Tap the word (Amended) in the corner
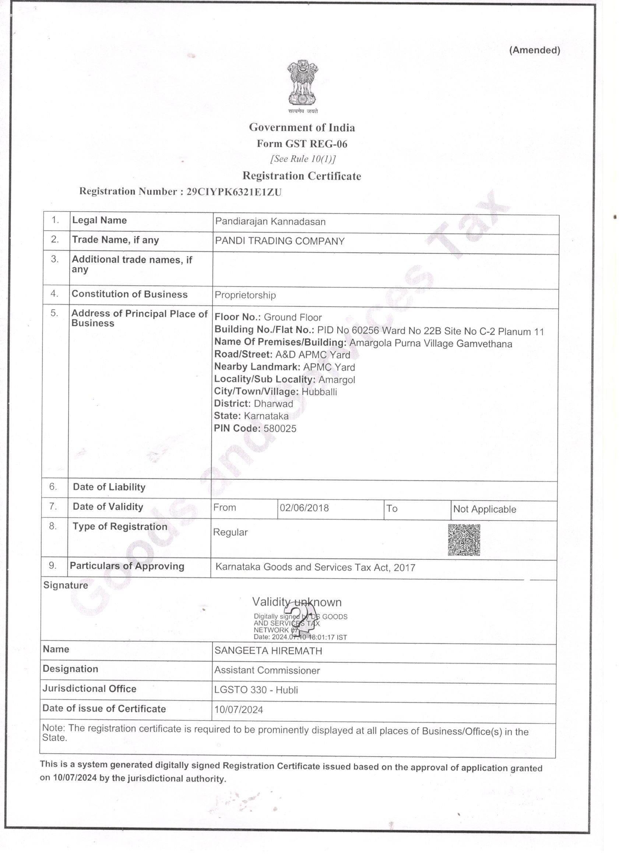[x=535, y=50]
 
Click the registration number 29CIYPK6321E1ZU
[x=234, y=192]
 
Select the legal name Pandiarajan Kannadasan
[x=270, y=221]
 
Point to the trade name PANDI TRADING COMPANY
[x=280, y=241]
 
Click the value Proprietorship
[x=245, y=295]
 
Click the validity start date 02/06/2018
[x=304, y=508]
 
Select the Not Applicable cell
[x=484, y=509]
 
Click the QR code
[x=464, y=540]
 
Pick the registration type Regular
[x=230, y=532]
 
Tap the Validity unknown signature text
[x=297, y=602]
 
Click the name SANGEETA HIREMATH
[x=268, y=651]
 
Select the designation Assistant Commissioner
[x=267, y=671]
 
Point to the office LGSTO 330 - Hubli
[x=256, y=690]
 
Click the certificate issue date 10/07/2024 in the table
[x=238, y=710]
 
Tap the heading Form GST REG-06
[x=302, y=144]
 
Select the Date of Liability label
[x=109, y=487]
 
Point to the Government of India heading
[x=302, y=127]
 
